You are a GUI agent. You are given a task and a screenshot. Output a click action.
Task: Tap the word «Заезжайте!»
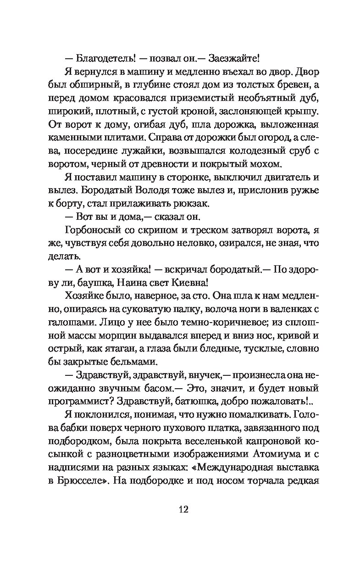coord(234,59)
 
